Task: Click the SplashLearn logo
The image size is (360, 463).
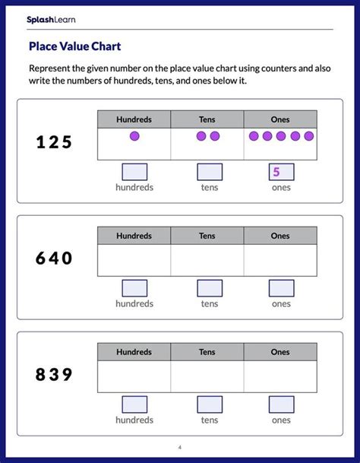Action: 51,20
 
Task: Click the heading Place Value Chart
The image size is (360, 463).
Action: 74,46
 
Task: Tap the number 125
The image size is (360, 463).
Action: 54,142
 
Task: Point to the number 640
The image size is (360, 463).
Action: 54,258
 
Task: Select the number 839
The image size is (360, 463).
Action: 54,374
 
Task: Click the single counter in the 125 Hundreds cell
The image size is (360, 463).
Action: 134,136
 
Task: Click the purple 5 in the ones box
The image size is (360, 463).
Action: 277,172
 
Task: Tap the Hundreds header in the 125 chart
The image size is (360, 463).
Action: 134,119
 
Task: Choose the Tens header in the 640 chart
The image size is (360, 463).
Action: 207,236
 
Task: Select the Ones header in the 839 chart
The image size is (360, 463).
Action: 280,352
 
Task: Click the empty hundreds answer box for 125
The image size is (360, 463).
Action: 134,172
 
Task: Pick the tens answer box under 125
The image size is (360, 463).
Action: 210,172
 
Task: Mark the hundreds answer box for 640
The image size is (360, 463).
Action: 134,288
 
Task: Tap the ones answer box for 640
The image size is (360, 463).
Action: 281,288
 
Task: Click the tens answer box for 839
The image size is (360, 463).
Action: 210,404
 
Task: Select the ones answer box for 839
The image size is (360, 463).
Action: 281,404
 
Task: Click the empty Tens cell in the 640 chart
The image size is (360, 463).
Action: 207,260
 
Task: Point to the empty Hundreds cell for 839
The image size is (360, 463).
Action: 134,376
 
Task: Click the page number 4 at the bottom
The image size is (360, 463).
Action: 180,447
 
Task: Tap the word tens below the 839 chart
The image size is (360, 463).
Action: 210,420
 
